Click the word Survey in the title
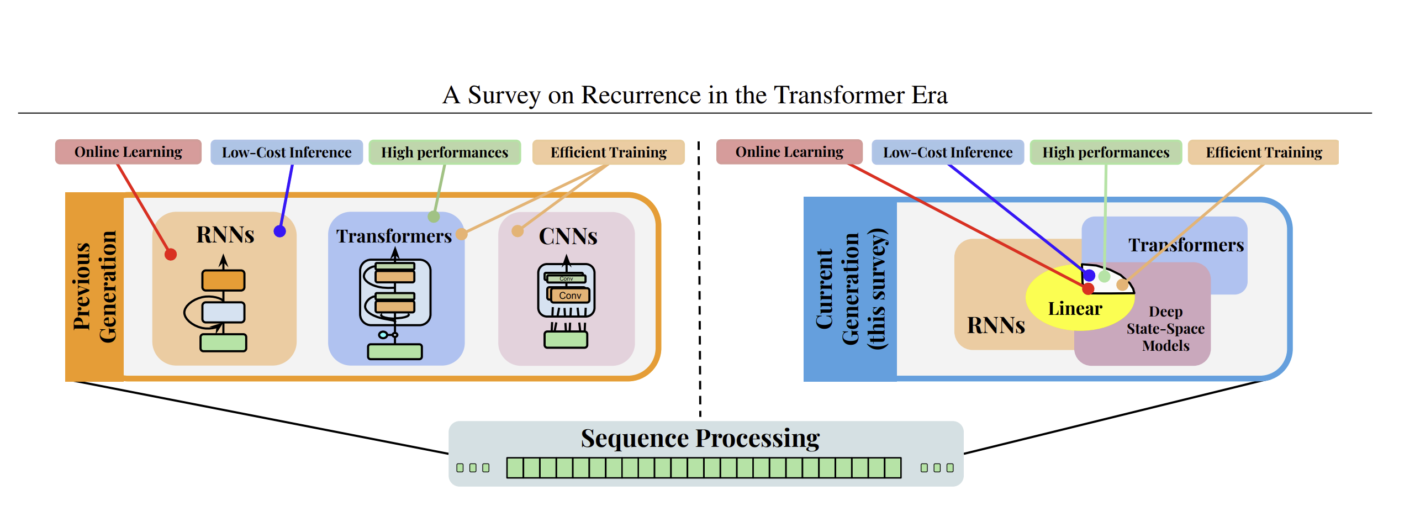pos(504,96)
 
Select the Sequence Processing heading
pos(700,439)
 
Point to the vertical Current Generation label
pos(851,289)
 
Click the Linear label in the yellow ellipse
pos(1075,309)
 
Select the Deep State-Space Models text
pos(1165,329)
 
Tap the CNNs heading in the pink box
pos(568,236)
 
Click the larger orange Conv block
pos(570,296)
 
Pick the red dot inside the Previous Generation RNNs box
pos(171,255)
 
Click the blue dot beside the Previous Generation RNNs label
pos(280,231)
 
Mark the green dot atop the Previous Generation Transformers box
pos(434,217)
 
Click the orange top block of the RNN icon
pos(223,280)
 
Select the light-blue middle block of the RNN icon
pos(223,312)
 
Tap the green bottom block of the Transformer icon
pos(395,351)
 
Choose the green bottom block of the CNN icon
pos(566,339)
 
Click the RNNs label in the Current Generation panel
pos(996,325)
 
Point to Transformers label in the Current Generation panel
pos(1186,245)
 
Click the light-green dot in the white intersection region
pos(1105,276)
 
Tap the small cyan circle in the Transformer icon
pos(382,335)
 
